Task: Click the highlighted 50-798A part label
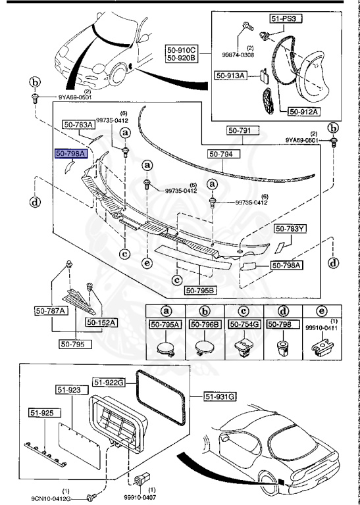click(x=68, y=153)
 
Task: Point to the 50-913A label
click(x=229, y=76)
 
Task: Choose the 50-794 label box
click(x=222, y=154)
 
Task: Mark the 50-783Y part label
click(x=290, y=229)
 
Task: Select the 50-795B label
click(x=199, y=290)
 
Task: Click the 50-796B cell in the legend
click(x=203, y=324)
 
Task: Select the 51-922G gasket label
click(x=108, y=381)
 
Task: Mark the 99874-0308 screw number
click(x=249, y=55)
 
